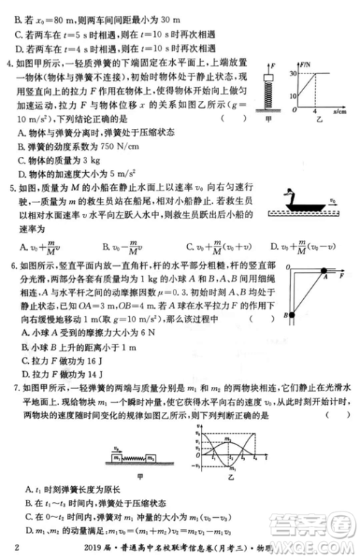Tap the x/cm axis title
341,112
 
